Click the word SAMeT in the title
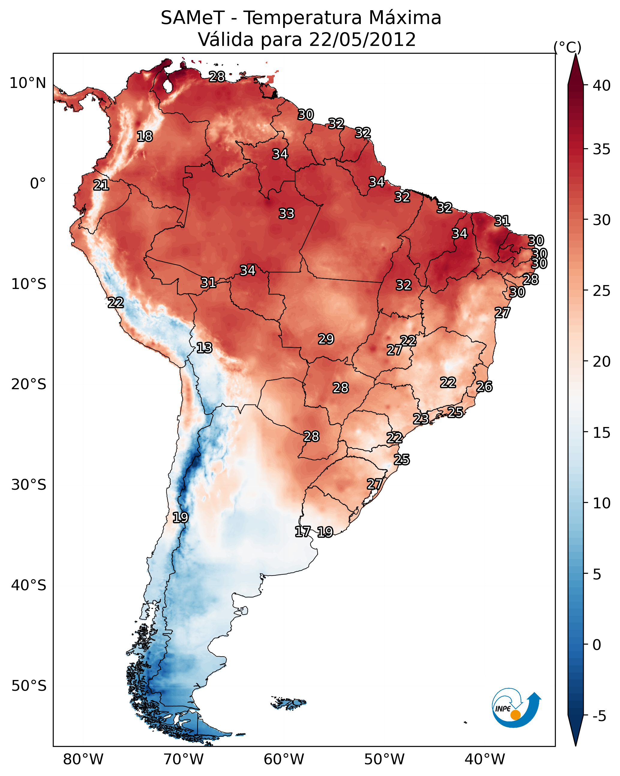pyautogui.click(x=193, y=18)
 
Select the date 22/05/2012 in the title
pyautogui.click(x=362, y=40)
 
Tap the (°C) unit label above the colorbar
pyautogui.click(x=567, y=47)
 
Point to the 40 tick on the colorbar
pyautogui.click(x=602, y=86)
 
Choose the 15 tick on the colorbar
pyautogui.click(x=602, y=433)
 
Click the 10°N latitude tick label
pyautogui.click(x=28, y=83)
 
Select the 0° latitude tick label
pyautogui.click(x=38, y=184)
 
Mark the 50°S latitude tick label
pyautogui.click(x=29, y=686)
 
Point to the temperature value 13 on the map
pyautogui.click(x=204, y=348)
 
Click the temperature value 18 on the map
pyautogui.click(x=145, y=137)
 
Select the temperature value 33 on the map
pyautogui.click(x=286, y=213)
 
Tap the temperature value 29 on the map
pyautogui.click(x=326, y=339)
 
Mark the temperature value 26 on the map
pyautogui.click(x=484, y=386)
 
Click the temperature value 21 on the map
pyautogui.click(x=101, y=185)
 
